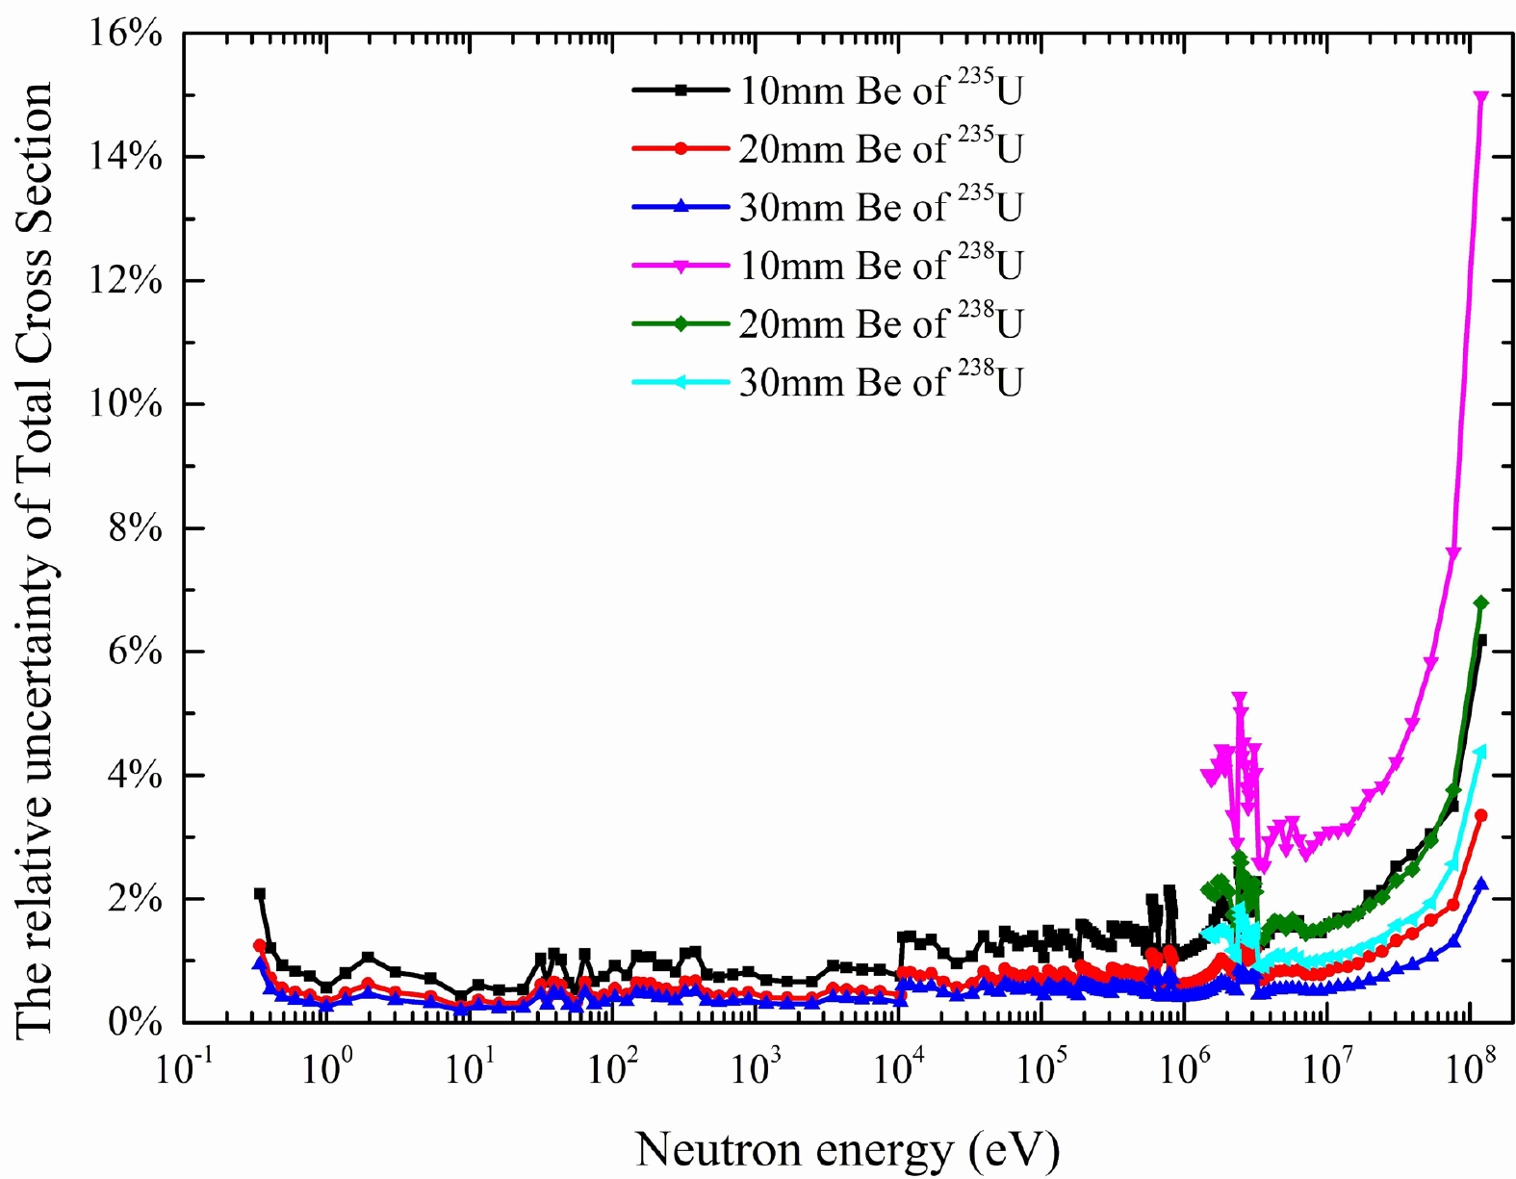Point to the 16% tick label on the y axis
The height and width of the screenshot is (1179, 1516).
[x=126, y=34]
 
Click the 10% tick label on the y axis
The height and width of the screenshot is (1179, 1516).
[x=126, y=404]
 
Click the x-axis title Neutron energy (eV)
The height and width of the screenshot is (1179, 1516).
[x=847, y=1149]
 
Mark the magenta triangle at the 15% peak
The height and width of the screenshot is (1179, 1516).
[x=1481, y=97]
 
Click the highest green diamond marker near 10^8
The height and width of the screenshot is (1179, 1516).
[x=1481, y=602]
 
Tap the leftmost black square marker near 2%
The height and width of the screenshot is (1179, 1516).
[x=260, y=894]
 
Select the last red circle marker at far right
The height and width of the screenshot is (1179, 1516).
[x=1481, y=815]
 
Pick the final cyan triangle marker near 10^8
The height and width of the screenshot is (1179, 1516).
[x=1480, y=751]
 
